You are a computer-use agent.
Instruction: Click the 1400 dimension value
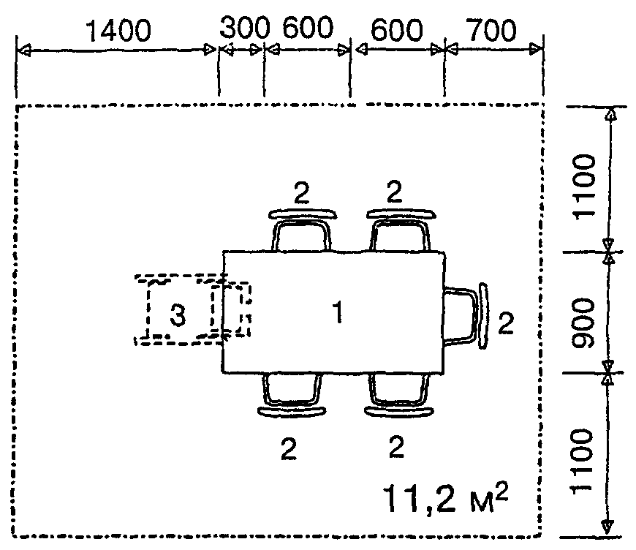(119, 31)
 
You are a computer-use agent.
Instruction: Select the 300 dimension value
(245, 28)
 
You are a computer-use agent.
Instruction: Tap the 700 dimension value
(492, 30)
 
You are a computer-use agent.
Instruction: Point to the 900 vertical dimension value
(583, 323)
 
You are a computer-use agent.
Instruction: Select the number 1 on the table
(338, 312)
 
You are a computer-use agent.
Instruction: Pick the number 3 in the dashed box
(178, 315)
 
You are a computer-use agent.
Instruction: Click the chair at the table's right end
(465, 316)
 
